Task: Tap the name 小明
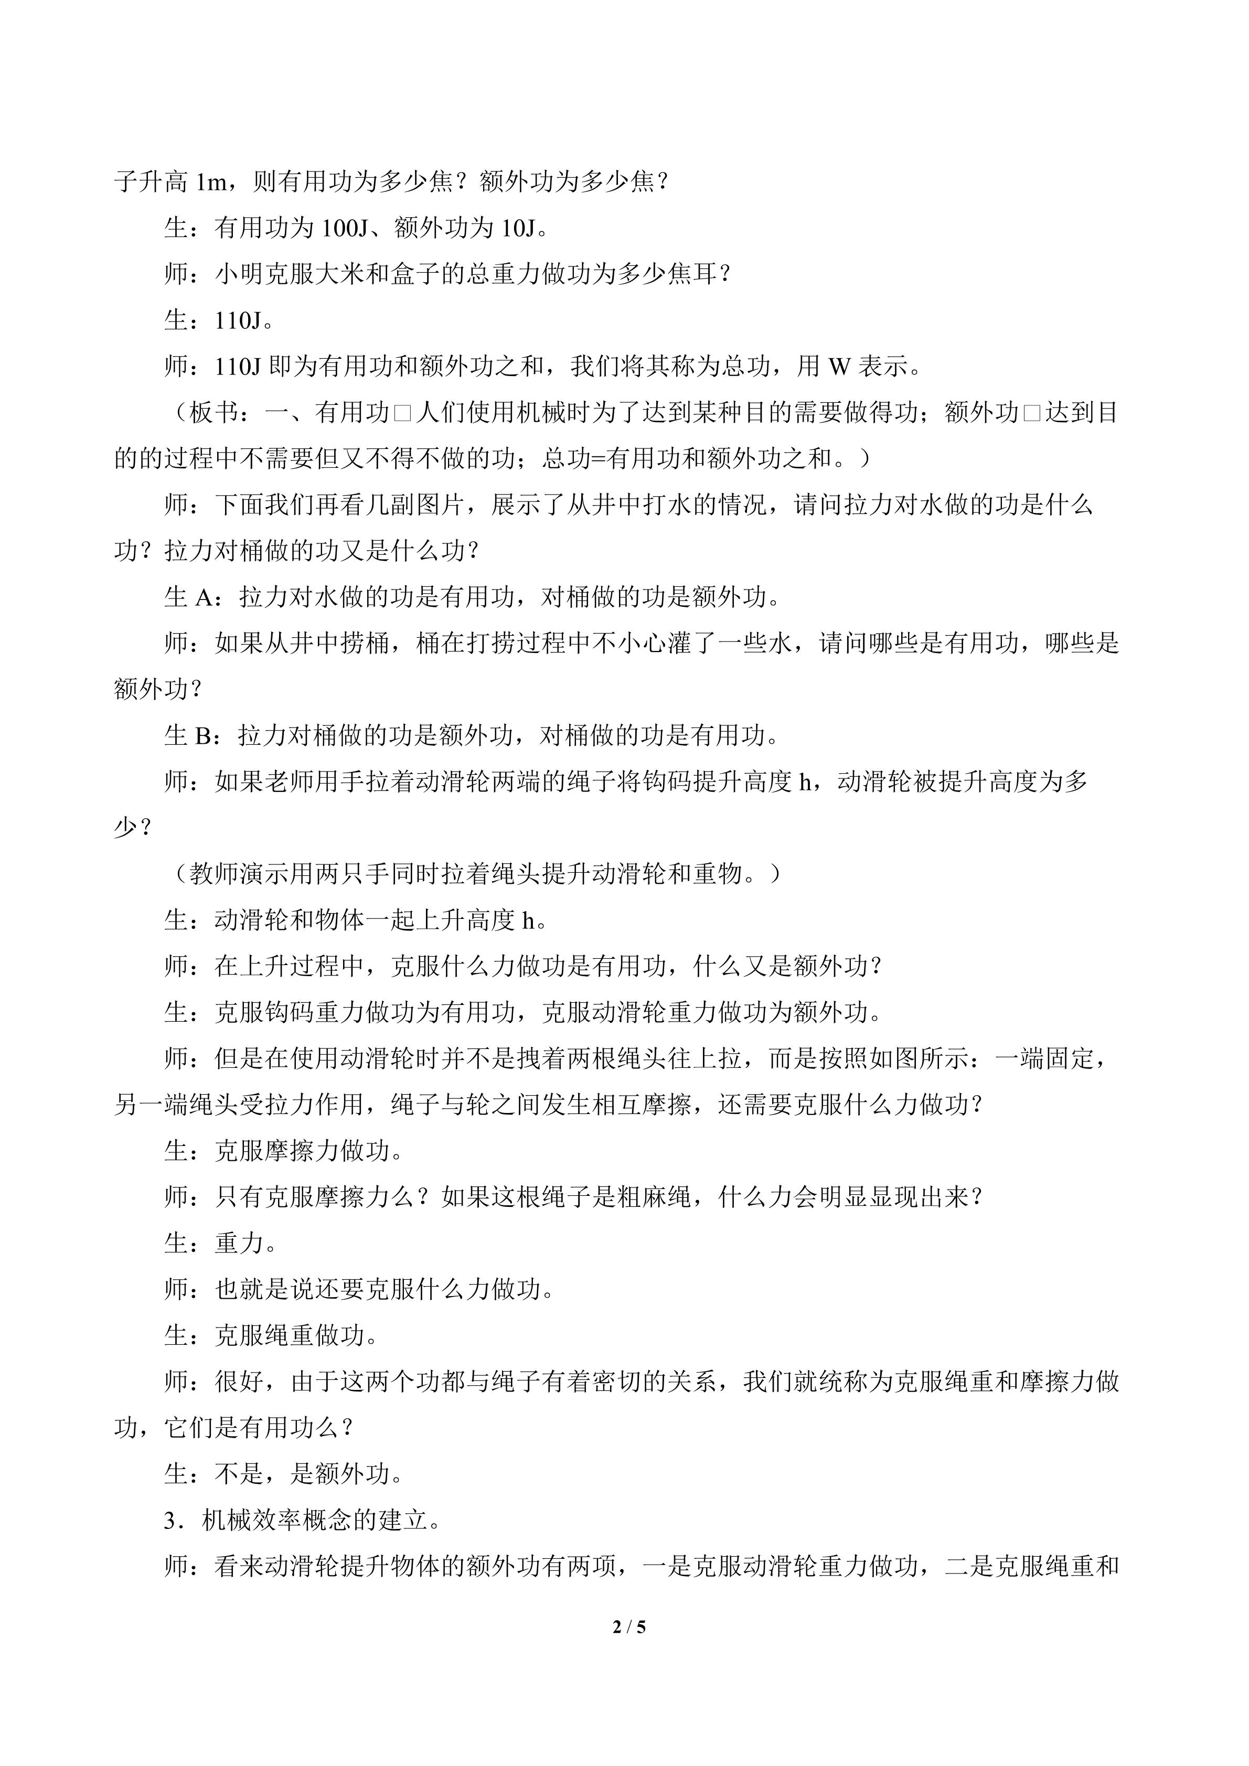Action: click(239, 275)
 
